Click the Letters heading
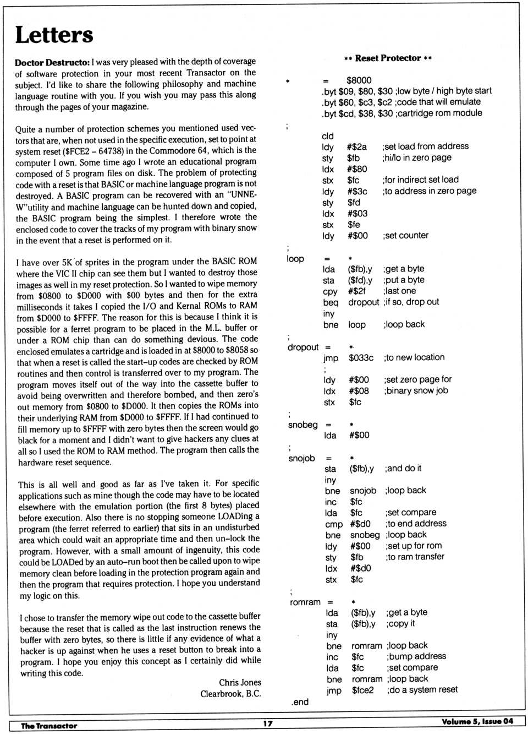(54, 35)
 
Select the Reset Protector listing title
(388, 58)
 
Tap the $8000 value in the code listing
(359, 80)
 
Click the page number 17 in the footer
(267, 724)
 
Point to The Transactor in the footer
(49, 726)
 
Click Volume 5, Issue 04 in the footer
(477, 721)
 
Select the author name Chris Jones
(240, 682)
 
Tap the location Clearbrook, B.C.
(230, 694)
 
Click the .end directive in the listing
(300, 702)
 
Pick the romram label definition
(305, 602)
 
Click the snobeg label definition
(302, 425)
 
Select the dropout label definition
(302, 347)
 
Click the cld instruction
(328, 136)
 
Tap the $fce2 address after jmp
(362, 690)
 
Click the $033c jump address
(361, 358)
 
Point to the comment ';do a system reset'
(422, 689)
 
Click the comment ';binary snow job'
(416, 390)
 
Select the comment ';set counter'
(405, 236)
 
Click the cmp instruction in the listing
(333, 524)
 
